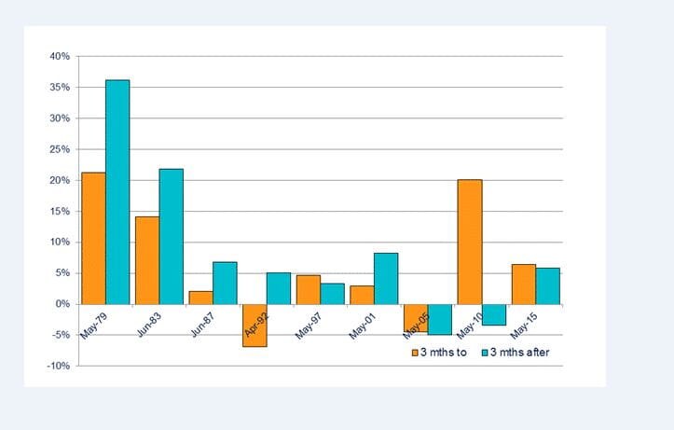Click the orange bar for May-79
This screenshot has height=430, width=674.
click(x=93, y=238)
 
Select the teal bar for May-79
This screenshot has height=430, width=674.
click(x=117, y=192)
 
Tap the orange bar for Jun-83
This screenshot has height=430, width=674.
click(x=147, y=260)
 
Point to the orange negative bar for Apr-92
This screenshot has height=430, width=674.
click(x=254, y=326)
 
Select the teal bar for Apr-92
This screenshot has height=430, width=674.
click(x=279, y=288)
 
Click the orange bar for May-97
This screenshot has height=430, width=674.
click(x=309, y=290)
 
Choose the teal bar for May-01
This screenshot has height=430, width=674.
click(x=386, y=279)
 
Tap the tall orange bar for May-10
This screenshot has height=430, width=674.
click(x=470, y=242)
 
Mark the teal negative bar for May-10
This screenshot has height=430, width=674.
click(x=494, y=314)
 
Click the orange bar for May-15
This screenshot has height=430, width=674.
click(x=524, y=284)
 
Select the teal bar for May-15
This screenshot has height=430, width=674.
click(x=548, y=286)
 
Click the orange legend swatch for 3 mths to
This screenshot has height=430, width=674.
click(x=416, y=353)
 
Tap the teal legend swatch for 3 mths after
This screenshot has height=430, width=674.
click(x=486, y=353)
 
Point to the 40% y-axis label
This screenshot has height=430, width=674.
click(x=60, y=57)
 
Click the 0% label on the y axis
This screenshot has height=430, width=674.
click(x=63, y=304)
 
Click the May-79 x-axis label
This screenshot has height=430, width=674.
click(x=92, y=324)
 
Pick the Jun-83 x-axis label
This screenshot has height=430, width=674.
click(x=146, y=324)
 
